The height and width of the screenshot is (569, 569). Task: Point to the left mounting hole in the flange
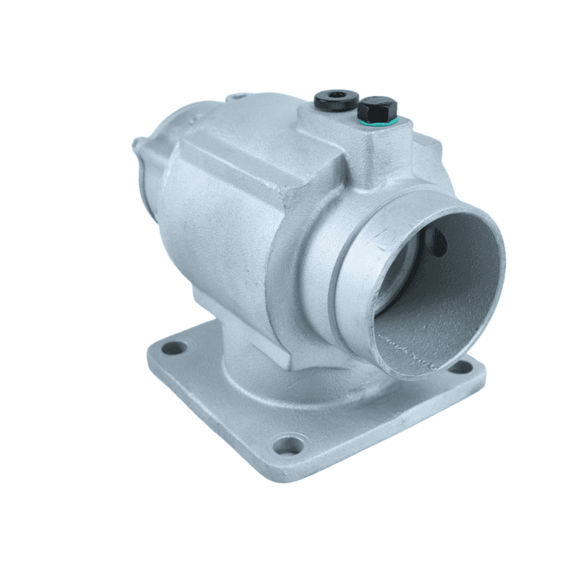(x=171, y=349)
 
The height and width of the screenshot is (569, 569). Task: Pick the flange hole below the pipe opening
(x=455, y=367)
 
